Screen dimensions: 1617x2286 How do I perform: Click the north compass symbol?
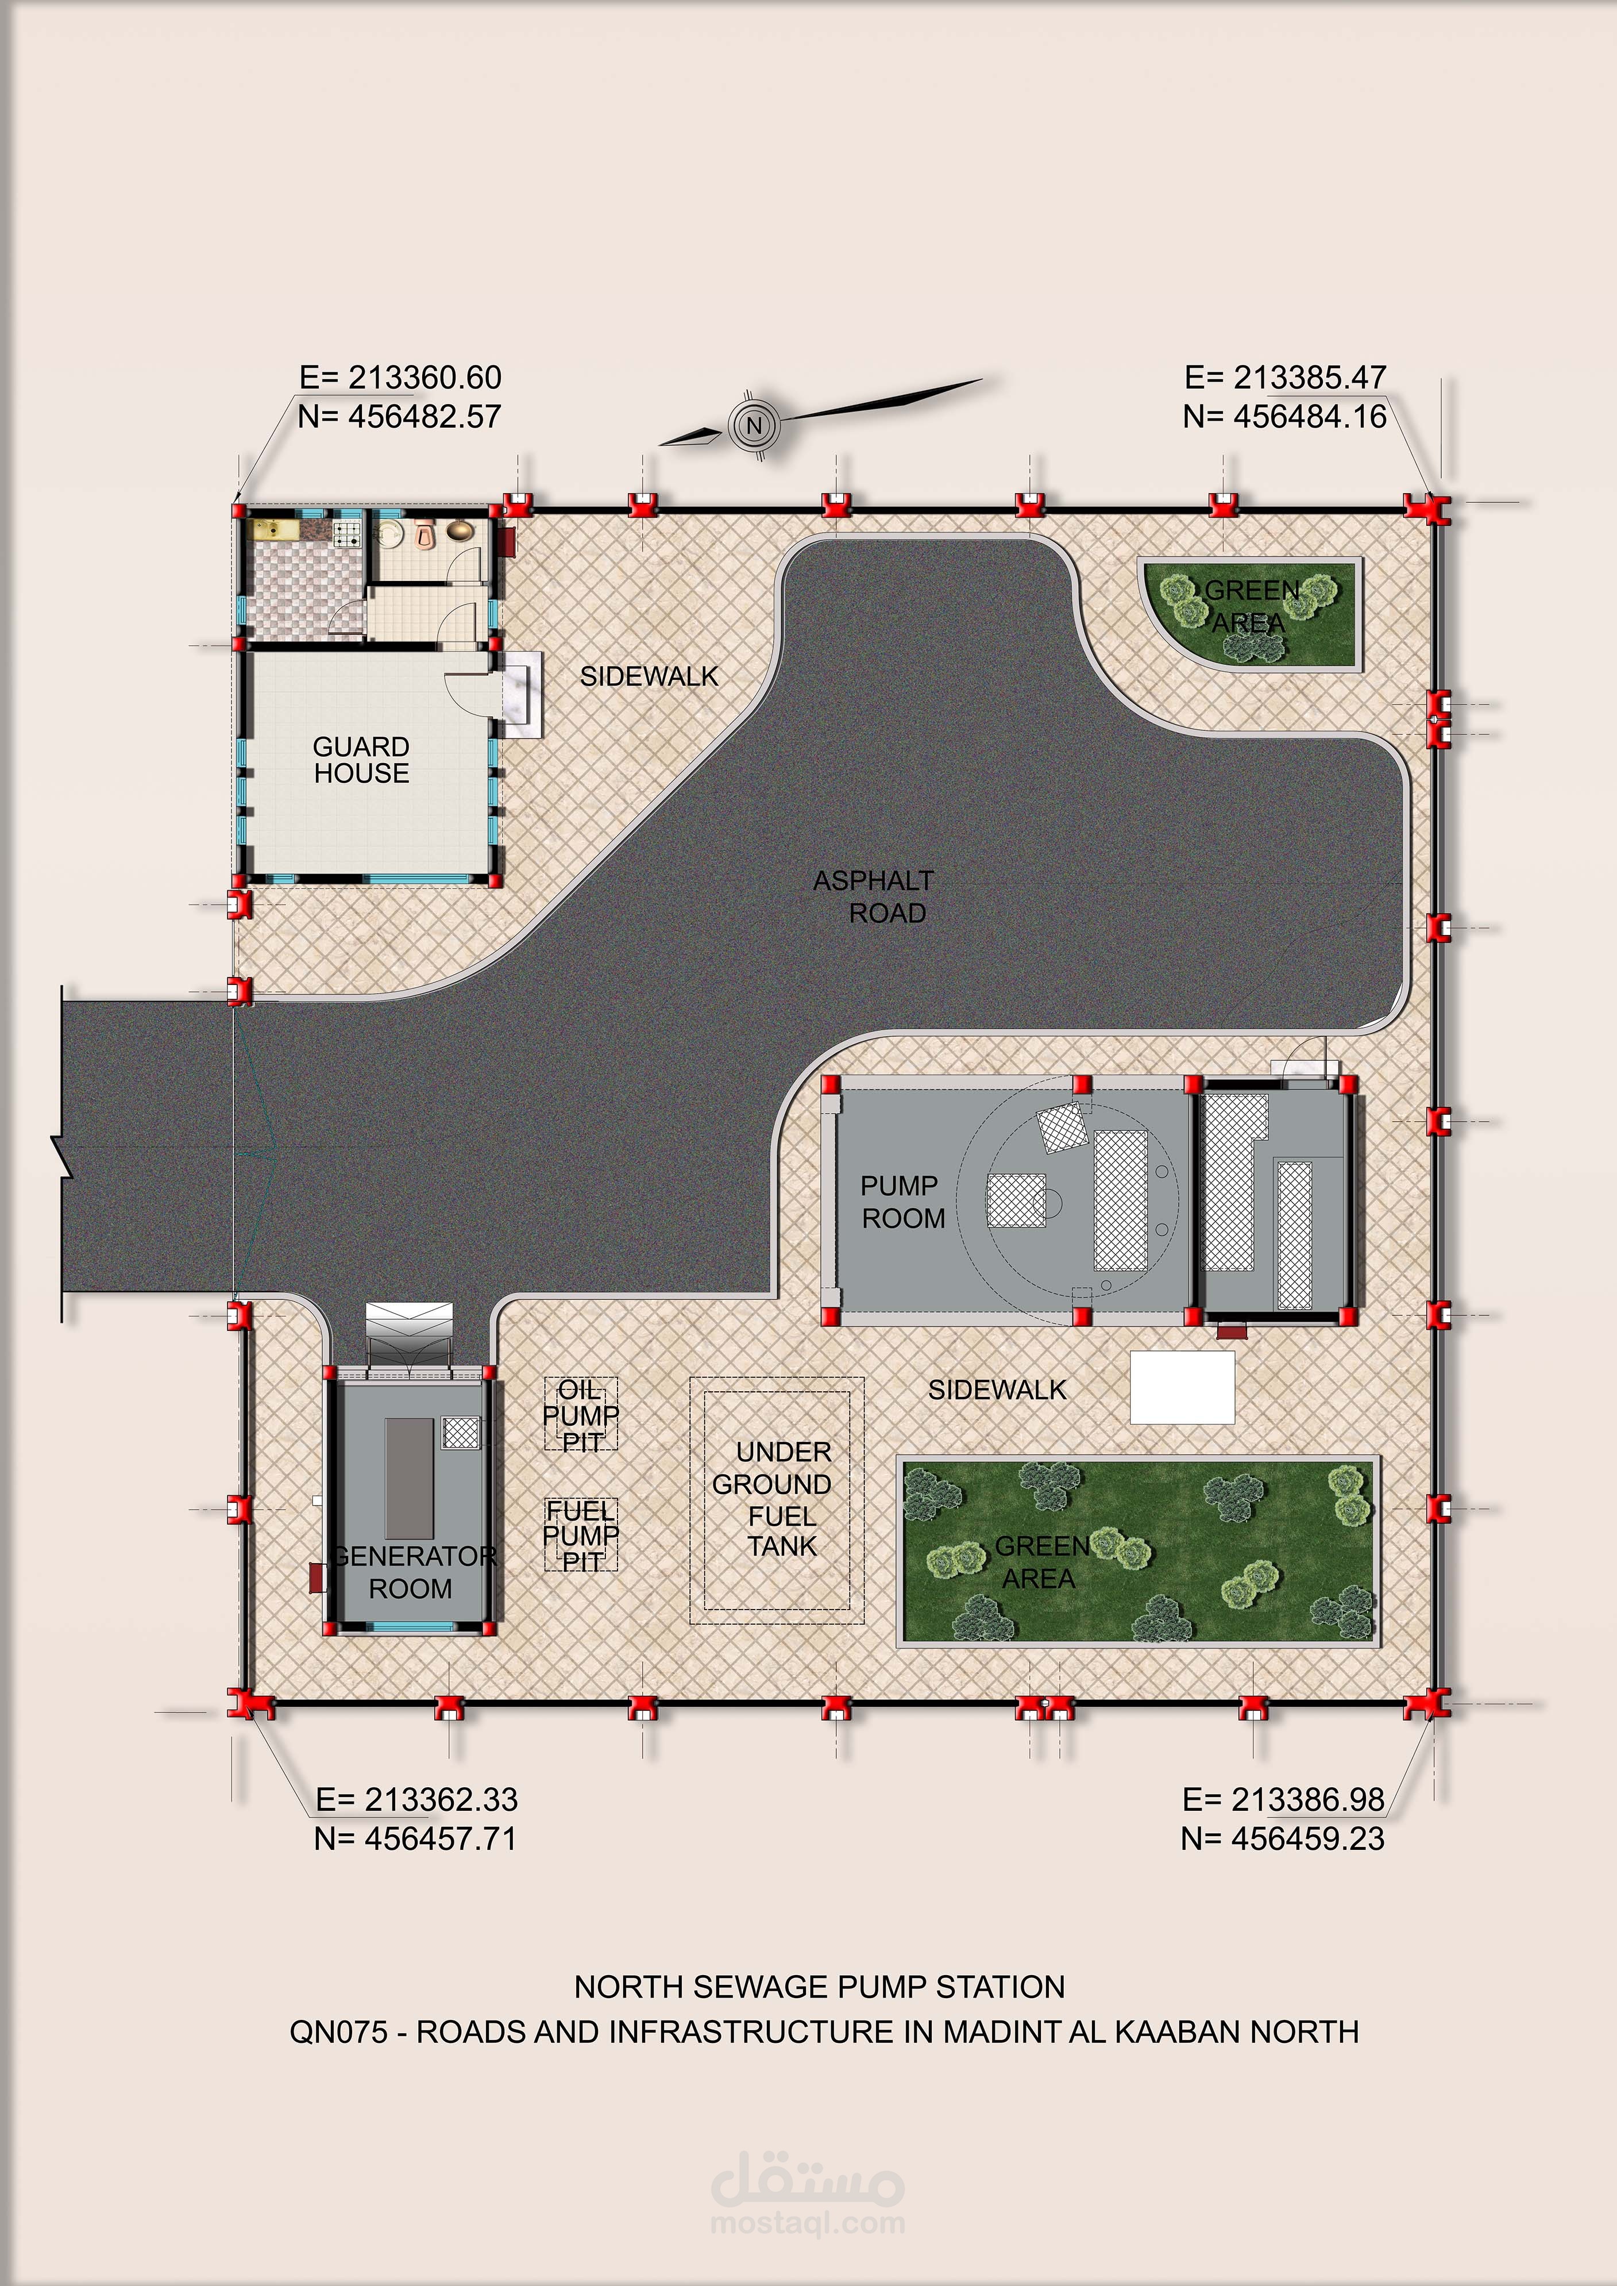[x=754, y=425]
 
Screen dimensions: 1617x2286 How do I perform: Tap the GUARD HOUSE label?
[x=361, y=760]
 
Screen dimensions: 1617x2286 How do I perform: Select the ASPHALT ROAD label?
[x=873, y=896]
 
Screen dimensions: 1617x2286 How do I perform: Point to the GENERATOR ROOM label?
[x=413, y=1572]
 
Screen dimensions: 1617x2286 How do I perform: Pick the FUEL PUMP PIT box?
[x=581, y=1535]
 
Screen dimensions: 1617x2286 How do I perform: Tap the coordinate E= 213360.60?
[x=400, y=378]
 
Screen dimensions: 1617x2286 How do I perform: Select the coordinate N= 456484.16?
[x=1284, y=417]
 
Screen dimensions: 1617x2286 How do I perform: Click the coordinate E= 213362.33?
[x=417, y=1799]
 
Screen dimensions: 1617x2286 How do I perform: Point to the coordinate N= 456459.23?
[x=1283, y=1839]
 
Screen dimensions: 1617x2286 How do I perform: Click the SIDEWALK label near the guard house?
[x=649, y=676]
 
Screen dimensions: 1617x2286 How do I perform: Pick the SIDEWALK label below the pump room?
[x=997, y=1390]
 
